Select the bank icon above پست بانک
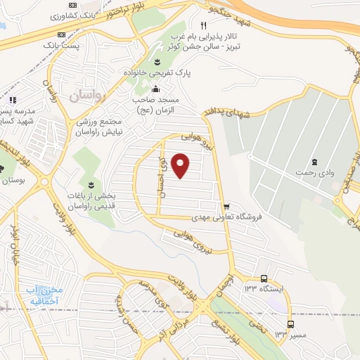click(62, 33)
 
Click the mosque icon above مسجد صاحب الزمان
click(155, 89)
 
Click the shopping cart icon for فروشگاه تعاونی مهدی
click(226, 207)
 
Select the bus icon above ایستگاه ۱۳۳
click(264, 278)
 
